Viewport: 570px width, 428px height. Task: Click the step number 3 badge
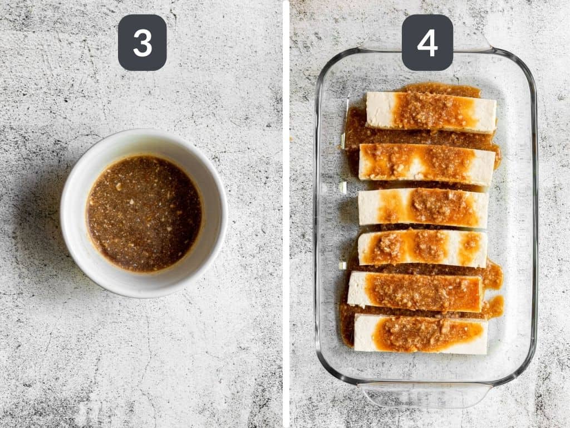pyautogui.click(x=142, y=42)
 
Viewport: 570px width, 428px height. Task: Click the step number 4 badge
pyautogui.click(x=427, y=42)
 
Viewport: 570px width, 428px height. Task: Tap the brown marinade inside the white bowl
pyautogui.click(x=144, y=213)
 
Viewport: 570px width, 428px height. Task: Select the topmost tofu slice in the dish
pyautogui.click(x=430, y=111)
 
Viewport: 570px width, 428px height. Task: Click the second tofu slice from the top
pyautogui.click(x=426, y=164)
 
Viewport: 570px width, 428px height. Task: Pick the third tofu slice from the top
pyautogui.click(x=423, y=207)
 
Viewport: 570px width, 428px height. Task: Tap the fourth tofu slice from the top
pyautogui.click(x=422, y=247)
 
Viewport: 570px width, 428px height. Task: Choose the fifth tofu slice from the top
pyautogui.click(x=415, y=291)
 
